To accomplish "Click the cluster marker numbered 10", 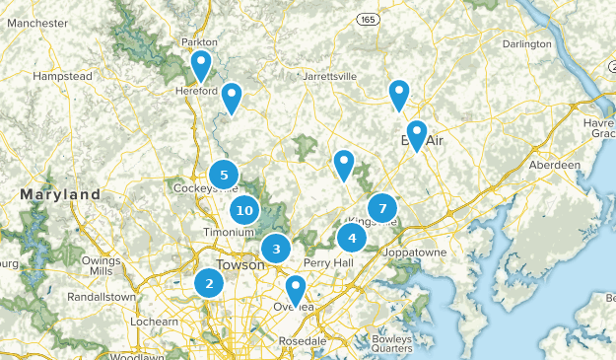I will (245, 210).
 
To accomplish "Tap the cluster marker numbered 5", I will (224, 176).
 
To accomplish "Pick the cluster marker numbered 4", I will (352, 238).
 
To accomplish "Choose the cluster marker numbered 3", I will (277, 249).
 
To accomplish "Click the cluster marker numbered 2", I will (209, 284).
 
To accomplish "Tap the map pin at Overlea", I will (296, 290).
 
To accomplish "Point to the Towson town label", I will (240, 265).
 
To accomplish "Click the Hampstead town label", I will (63, 75).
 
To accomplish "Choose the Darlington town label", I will (525, 44).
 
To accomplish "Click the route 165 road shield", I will (368, 20).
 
